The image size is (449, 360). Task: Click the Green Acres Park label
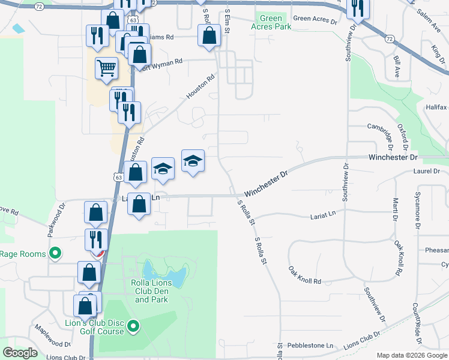click(271, 23)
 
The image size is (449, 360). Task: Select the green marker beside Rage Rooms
click(55, 253)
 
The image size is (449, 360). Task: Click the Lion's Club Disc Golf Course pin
click(133, 327)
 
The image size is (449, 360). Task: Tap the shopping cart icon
click(106, 68)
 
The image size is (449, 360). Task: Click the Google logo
click(20, 352)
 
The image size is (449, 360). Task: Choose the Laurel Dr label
click(427, 171)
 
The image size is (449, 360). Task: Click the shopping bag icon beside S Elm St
click(208, 34)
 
